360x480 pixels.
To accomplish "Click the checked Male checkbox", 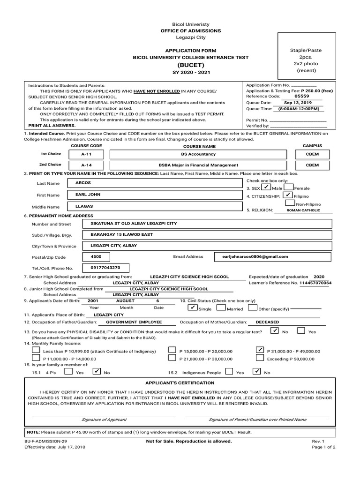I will [x=265, y=187].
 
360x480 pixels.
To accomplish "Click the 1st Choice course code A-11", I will [x=86, y=154].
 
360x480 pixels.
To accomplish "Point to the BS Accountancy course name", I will [x=198, y=154].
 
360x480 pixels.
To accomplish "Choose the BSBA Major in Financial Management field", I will [x=198, y=165].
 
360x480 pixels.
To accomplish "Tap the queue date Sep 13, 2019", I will [x=298, y=103].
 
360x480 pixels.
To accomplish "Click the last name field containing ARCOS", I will [x=155, y=183].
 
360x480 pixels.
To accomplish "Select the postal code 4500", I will [x=96, y=257].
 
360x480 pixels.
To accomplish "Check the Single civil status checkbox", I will [x=192, y=308].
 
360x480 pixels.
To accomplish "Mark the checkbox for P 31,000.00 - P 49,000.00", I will [x=260, y=350].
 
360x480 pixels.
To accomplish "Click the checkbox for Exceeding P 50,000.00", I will [x=260, y=358].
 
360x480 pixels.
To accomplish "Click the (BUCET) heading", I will [x=190, y=65].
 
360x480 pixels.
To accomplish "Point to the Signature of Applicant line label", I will [x=104, y=420].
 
